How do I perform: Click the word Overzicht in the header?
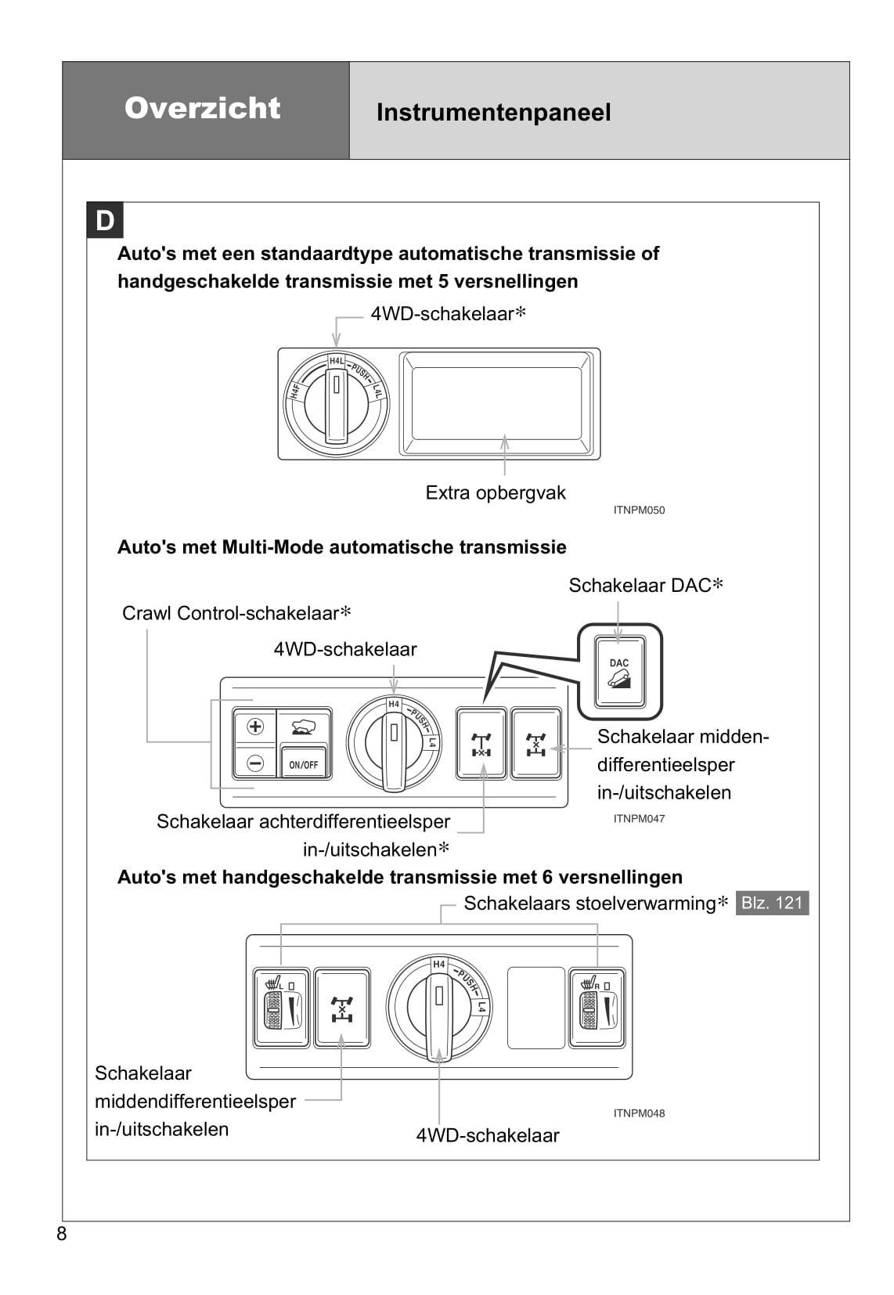[x=202, y=108]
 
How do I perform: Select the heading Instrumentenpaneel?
[x=493, y=113]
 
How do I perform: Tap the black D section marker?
[x=105, y=221]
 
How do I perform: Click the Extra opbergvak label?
[x=495, y=492]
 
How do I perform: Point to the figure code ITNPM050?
[x=639, y=510]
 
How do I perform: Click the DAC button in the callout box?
[x=619, y=672]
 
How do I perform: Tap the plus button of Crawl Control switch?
[x=255, y=727]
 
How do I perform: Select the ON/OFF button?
[x=304, y=764]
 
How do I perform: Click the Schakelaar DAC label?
[x=645, y=586]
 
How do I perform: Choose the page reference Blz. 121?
[x=772, y=903]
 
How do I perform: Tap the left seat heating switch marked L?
[x=281, y=1007]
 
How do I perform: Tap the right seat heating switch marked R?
[x=597, y=1007]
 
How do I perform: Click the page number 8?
[x=62, y=1234]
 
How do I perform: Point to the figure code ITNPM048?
[x=639, y=1113]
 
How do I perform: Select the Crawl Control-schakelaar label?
[x=236, y=613]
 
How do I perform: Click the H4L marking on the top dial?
[x=337, y=361]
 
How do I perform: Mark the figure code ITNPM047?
[x=639, y=819]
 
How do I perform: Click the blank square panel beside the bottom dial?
[x=536, y=1008]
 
